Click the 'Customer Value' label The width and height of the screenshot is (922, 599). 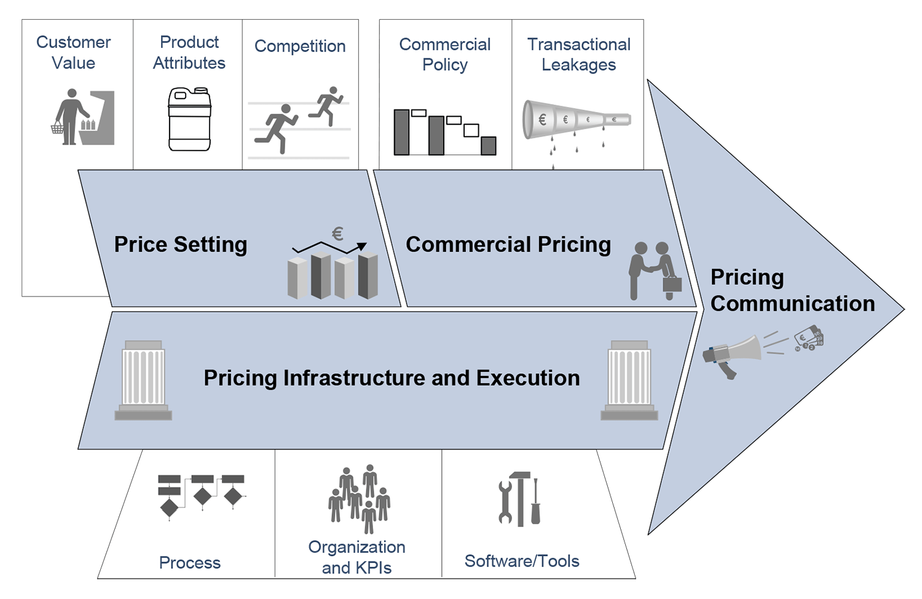[73, 52]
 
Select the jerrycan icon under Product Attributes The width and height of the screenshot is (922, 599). [189, 119]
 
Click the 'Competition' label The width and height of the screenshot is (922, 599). [300, 46]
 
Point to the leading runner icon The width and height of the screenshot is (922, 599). [326, 105]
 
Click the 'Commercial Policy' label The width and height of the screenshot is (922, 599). [444, 54]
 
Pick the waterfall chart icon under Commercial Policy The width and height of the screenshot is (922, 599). [444, 132]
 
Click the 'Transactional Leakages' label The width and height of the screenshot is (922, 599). [578, 54]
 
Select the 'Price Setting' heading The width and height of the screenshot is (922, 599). [181, 244]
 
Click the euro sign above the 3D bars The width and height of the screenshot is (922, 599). [337, 234]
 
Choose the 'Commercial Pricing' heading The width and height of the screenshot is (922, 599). [508, 244]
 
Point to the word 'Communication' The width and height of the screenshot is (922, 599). [792, 303]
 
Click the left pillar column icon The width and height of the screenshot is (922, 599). [143, 379]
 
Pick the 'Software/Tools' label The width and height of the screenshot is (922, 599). [522, 561]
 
